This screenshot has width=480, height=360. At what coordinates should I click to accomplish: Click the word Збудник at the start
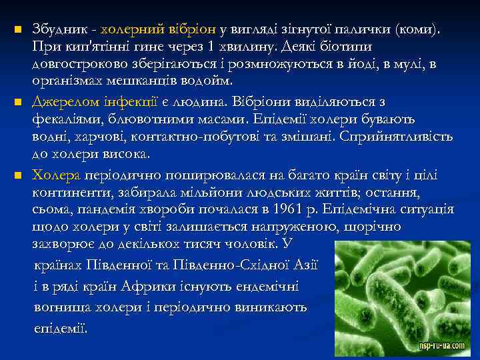coord(60,29)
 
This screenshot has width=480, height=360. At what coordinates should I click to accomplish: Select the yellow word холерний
coord(134,29)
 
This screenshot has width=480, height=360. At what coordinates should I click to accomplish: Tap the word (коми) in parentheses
coord(417,29)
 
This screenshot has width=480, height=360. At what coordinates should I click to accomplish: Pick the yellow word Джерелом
coord(65,102)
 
